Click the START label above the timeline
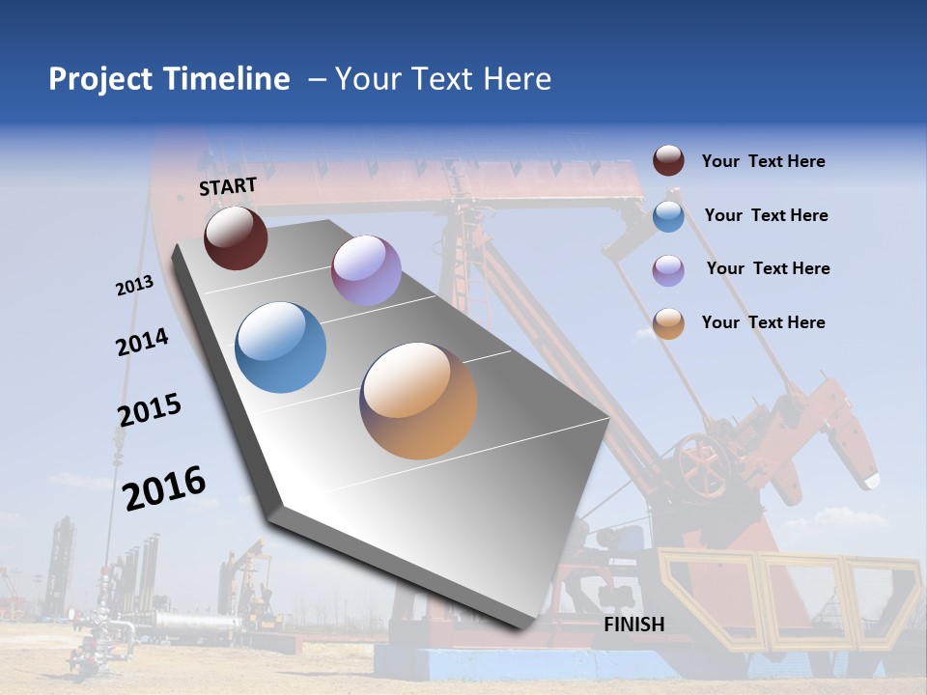point(228,186)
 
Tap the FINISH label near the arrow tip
point(633,625)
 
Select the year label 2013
point(134,286)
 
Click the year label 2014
point(142,342)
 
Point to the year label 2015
point(150,409)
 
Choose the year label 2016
point(164,487)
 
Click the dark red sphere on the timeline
point(236,237)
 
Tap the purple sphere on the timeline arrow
point(366,270)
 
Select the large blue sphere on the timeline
point(281,347)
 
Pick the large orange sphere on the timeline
point(418,401)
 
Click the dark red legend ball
point(668,160)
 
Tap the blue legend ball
point(668,215)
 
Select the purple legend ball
point(668,269)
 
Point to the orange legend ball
point(668,323)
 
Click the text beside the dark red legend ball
point(763,161)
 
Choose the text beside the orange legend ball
point(763,322)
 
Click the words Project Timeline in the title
point(169,79)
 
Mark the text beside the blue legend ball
point(766,215)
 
